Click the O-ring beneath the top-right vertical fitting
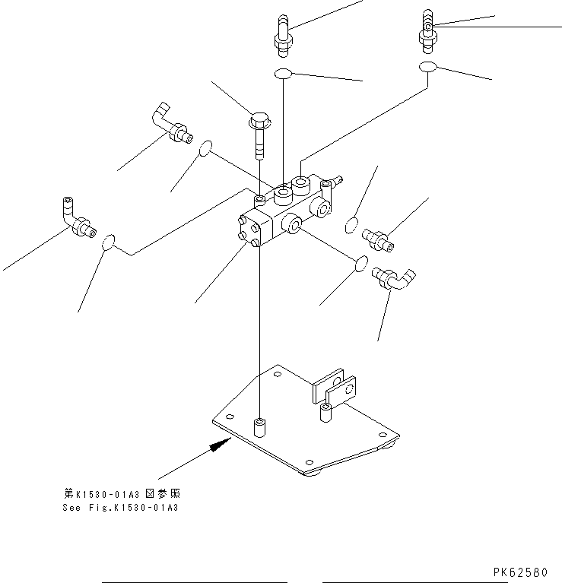click(x=428, y=68)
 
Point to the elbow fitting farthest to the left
click(x=76, y=218)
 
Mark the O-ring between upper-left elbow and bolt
click(x=205, y=150)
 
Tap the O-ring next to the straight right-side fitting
click(x=351, y=225)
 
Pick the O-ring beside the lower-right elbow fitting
click(x=362, y=263)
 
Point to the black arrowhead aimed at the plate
click(x=220, y=445)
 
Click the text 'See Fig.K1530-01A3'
click(x=120, y=508)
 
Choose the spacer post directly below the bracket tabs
click(x=325, y=414)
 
